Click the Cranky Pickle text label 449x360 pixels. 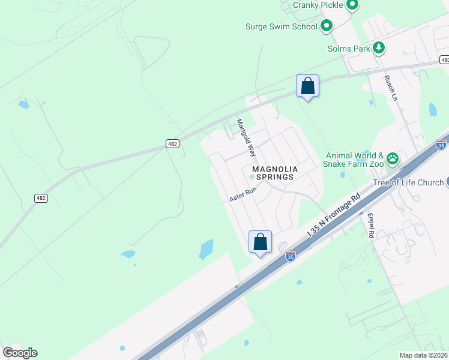[x=318, y=5]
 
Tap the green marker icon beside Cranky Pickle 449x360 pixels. [x=352, y=5]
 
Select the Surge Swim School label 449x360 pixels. [x=280, y=26]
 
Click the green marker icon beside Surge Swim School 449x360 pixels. [x=327, y=26]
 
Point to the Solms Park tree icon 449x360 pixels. [x=379, y=48]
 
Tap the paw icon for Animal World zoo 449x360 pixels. [x=393, y=158]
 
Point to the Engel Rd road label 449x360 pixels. [x=371, y=227]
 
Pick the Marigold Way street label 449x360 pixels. [x=246, y=136]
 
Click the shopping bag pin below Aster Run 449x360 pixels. [x=261, y=242]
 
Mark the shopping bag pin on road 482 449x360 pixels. [x=307, y=86]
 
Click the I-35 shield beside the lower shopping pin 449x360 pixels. [x=291, y=256]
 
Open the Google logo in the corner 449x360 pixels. [x=20, y=353]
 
